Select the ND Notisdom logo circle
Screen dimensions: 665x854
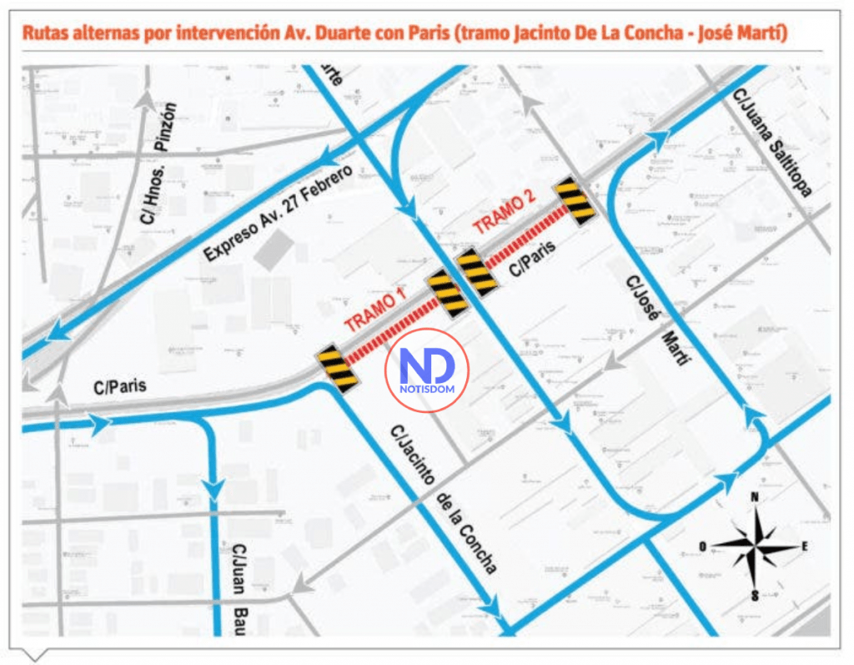pos(426,369)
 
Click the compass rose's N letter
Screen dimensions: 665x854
pos(755,497)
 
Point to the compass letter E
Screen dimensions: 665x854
pos(805,547)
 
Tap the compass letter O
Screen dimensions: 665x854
pos(703,547)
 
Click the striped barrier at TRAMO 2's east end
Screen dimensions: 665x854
pos(576,200)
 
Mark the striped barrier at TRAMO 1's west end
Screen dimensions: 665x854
pos(338,368)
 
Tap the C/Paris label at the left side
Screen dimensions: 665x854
pos(119,387)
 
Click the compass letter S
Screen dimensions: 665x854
pos(754,595)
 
